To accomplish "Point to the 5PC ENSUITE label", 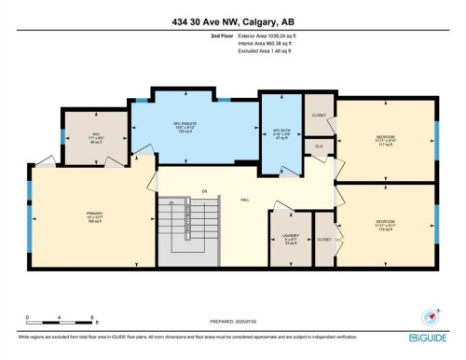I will [195, 123].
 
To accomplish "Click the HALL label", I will [270, 201].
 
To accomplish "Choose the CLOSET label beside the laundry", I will [323, 240].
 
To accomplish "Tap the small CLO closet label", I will [320, 146].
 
